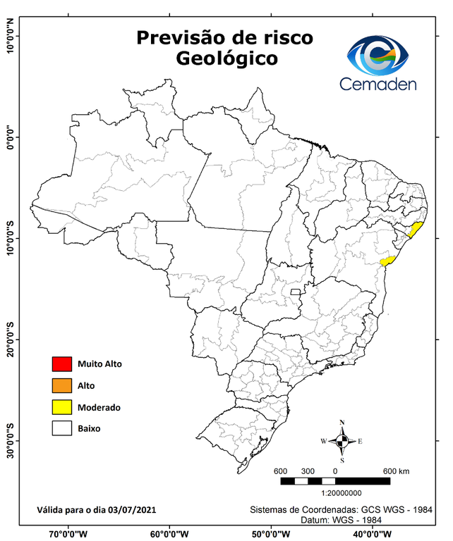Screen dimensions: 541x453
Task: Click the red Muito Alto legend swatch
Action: pyautogui.click(x=62, y=364)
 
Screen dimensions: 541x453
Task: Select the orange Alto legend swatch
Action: pyautogui.click(x=62, y=385)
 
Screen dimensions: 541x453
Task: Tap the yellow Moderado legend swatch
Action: pyautogui.click(x=62, y=407)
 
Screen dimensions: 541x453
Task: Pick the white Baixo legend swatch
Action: pyautogui.click(x=62, y=428)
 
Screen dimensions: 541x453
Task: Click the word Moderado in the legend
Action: pyautogui.click(x=99, y=408)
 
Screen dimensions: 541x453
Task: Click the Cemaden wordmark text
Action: pyautogui.click(x=377, y=85)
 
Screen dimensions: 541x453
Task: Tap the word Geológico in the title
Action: pyautogui.click(x=226, y=60)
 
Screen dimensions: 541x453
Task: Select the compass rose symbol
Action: pyautogui.click(x=342, y=441)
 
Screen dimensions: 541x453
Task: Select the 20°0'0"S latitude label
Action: pyautogui.click(x=10, y=340)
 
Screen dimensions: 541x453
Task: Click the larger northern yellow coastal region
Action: pyautogui.click(x=416, y=230)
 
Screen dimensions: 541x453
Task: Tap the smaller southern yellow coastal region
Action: pyautogui.click(x=386, y=261)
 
